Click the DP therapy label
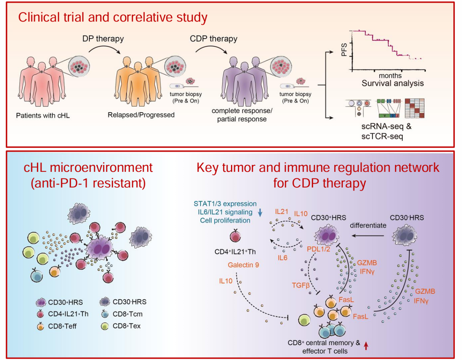103,39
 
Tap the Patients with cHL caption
43,116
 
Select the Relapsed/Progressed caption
141,115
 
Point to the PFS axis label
344,50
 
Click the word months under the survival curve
390,76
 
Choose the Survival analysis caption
392,84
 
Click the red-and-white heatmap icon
415,108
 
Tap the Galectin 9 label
243,265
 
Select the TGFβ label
301,285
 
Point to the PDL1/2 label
318,249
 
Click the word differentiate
368,225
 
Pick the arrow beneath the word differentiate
367,236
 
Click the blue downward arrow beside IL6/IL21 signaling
260,212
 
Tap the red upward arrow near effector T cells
366,345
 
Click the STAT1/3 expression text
225,204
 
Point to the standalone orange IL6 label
282,258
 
